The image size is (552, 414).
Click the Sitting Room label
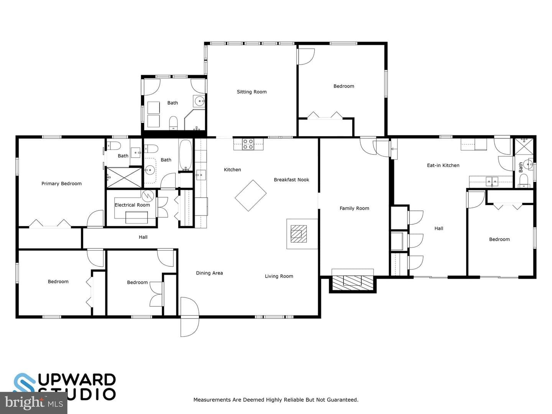(x=251, y=92)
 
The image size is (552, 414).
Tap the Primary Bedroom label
(x=61, y=184)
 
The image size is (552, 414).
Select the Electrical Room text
(x=132, y=205)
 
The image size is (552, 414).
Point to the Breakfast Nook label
(x=291, y=180)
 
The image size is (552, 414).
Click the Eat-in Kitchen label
(x=443, y=165)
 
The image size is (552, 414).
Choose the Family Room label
(x=354, y=208)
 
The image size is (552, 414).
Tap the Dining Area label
(x=209, y=273)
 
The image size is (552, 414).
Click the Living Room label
(x=279, y=276)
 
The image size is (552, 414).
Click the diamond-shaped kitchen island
(x=250, y=195)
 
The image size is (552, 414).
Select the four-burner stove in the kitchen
(x=248, y=144)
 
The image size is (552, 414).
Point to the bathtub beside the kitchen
(x=185, y=155)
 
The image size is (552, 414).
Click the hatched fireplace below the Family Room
(x=353, y=283)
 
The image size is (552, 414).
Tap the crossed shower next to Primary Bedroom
(x=124, y=177)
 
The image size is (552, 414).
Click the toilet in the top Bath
(x=173, y=123)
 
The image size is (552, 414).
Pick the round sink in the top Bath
(x=200, y=102)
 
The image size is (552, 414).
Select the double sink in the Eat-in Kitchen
(x=492, y=181)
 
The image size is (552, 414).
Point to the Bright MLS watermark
(x=33, y=403)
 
